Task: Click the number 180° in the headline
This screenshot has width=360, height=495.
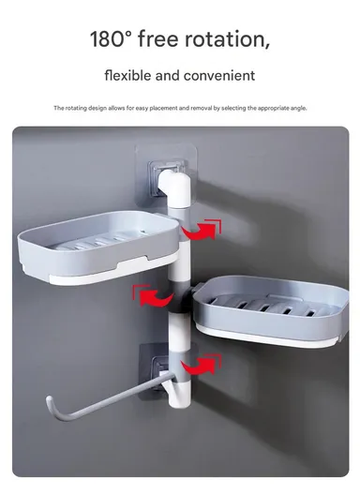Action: tap(112, 39)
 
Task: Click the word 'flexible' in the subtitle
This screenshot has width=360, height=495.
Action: tap(131, 74)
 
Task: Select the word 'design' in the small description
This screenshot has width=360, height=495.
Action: tap(90, 108)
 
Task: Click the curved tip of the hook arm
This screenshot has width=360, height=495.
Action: tap(52, 406)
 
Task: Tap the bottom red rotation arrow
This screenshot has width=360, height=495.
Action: tap(201, 363)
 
